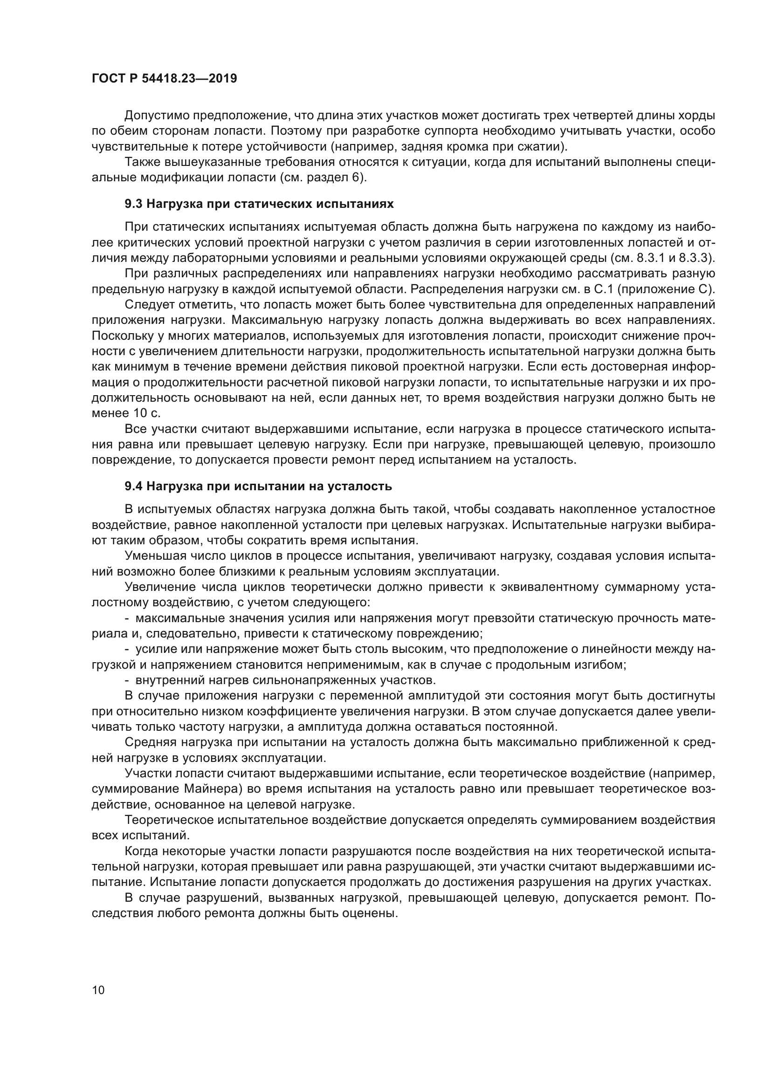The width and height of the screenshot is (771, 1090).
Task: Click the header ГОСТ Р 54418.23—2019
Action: point(164,79)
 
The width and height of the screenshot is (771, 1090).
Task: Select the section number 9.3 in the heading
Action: point(134,204)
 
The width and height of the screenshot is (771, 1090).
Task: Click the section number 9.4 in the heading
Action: point(134,486)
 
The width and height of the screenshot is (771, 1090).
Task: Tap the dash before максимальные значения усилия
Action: point(127,618)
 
